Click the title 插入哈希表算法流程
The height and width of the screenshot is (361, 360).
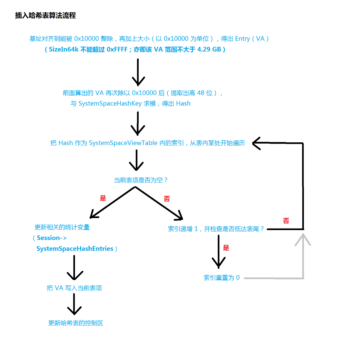[45, 15]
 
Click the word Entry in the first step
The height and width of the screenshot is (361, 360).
[242, 39]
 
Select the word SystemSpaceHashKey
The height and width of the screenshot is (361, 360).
[110, 104]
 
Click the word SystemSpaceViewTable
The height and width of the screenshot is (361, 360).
[123, 143]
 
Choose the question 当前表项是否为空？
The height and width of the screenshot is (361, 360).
[140, 180]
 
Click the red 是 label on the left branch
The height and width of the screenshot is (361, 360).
[103, 198]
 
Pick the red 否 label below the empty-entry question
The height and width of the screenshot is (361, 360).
[167, 199]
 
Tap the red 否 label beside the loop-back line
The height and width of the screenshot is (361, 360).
[286, 221]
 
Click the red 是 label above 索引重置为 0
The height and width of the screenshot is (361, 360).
[226, 248]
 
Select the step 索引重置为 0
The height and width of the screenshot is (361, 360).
[221, 278]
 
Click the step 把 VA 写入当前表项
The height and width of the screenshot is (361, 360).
[74, 288]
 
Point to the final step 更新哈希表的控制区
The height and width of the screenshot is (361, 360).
[76, 323]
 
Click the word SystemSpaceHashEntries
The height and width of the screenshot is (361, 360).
[75, 249]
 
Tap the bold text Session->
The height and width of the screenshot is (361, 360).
[52, 238]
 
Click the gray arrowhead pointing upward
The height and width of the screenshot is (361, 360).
[303, 239]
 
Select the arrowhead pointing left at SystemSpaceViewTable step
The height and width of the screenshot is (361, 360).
[256, 143]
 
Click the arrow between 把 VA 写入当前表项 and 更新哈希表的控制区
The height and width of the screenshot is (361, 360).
[74, 304]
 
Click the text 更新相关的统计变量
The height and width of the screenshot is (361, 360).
[62, 227]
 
